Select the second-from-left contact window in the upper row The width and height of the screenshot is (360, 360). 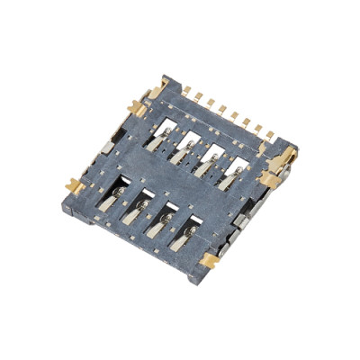tap(191, 144)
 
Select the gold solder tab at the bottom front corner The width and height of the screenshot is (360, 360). tap(209, 262)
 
